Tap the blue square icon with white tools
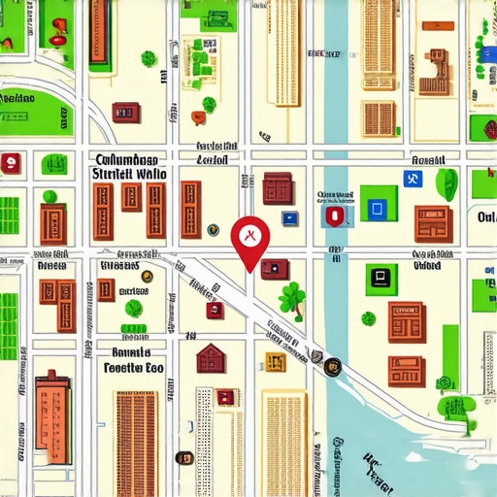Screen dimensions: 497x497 point(412,179)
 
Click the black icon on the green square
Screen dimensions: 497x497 point(381,279)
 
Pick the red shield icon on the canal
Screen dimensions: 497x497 point(335,216)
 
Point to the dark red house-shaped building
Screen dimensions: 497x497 point(211,358)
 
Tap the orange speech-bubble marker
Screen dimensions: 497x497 point(198,118)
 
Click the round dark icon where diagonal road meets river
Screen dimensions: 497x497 point(333,366)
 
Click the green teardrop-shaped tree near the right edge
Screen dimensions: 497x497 point(447,182)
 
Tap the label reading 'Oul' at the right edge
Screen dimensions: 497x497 point(486,218)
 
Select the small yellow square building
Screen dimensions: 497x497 point(276,361)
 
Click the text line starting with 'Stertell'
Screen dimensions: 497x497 point(128,174)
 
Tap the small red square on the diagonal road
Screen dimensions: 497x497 point(214,310)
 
